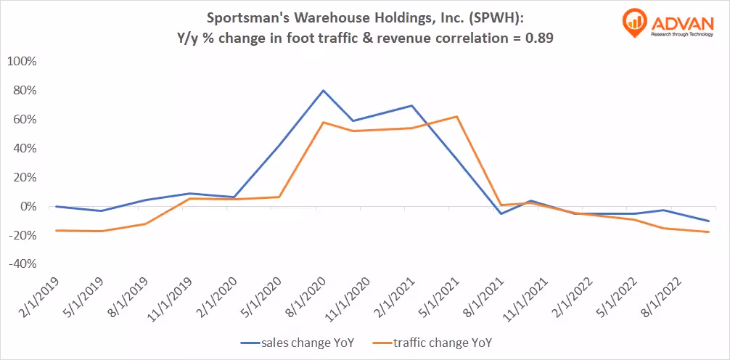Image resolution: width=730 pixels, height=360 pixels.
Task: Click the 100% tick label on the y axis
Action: pos(21,61)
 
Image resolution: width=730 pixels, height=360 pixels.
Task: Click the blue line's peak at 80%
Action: pos(323,91)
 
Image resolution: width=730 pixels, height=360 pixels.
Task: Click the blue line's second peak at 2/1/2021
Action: pos(412,106)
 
